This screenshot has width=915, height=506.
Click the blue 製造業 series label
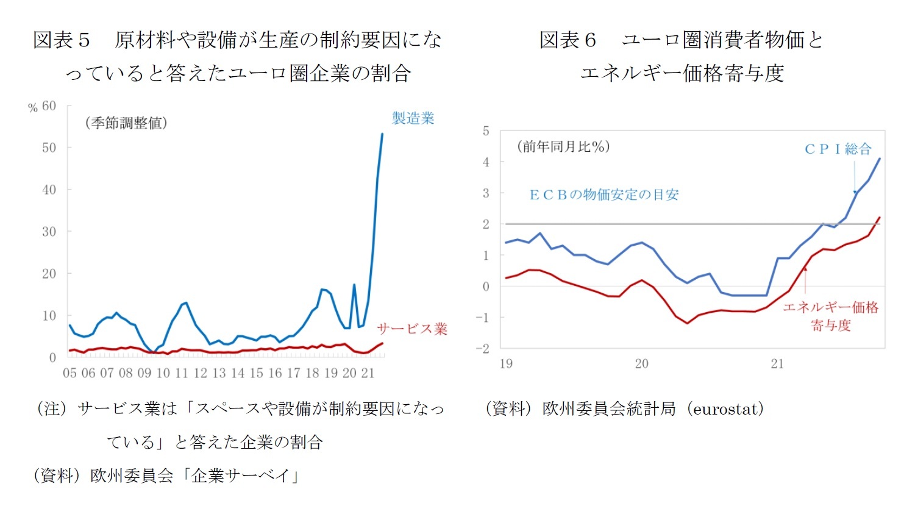point(413,118)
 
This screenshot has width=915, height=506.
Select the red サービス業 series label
point(412,329)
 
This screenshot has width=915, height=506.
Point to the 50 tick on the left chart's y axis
point(49,148)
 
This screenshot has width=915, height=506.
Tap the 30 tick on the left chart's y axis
point(49,232)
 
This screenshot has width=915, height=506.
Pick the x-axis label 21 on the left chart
point(368,373)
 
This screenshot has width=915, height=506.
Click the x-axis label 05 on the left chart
point(70,373)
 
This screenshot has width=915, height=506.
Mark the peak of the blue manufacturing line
point(382,134)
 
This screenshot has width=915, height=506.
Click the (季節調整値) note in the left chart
point(126,123)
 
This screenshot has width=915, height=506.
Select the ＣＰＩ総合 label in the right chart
point(838,149)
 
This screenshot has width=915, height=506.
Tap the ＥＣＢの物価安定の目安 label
point(603,195)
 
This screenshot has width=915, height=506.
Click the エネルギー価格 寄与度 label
point(830,316)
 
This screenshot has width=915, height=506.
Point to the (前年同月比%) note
point(563,147)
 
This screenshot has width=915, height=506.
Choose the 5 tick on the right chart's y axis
point(486,131)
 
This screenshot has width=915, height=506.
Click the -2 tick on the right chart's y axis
point(483,349)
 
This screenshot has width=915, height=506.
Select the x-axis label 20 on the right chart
point(641,364)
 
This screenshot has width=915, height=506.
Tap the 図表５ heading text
point(62,40)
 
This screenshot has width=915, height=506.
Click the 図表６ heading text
point(568,40)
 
